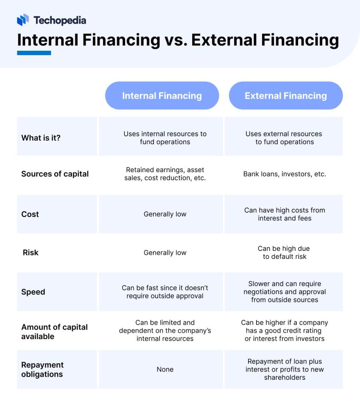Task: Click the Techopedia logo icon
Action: pos(23,20)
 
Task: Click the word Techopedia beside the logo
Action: pos(60,20)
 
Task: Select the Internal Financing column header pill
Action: pos(162,96)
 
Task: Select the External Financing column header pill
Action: pos(286,96)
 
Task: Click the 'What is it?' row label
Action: pos(41,138)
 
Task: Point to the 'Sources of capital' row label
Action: pos(55,174)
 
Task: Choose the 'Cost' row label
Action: pos(30,214)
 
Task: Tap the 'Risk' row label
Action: pos(30,252)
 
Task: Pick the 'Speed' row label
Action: pos(33,292)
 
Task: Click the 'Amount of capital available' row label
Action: pos(54,332)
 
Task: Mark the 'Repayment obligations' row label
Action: pos(42,369)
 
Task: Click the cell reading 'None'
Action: pos(165,369)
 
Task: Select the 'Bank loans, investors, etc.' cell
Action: pos(284,174)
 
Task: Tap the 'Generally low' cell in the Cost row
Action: pos(165,214)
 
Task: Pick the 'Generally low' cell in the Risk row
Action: pos(165,252)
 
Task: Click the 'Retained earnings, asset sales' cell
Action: pos(165,174)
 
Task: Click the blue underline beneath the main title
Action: pos(34,53)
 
